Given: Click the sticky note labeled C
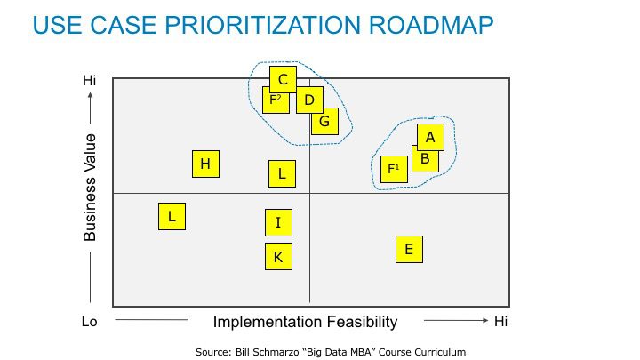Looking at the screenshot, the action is (283, 80).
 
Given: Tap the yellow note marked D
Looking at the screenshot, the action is (310, 100).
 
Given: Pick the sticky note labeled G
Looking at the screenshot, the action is (325, 122).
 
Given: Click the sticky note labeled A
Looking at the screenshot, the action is (430, 138).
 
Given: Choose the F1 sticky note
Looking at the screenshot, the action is (394, 170).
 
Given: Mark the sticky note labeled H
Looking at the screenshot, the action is (205, 164).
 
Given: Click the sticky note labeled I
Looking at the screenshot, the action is (278, 223).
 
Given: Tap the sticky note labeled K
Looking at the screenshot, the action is (278, 257).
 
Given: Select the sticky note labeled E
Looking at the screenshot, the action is (409, 250).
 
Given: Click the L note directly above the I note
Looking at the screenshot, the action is (282, 174).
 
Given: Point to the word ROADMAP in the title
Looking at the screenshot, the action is (431, 25).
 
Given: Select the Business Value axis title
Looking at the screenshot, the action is (90, 188).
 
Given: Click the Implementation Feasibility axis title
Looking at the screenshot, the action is (305, 322).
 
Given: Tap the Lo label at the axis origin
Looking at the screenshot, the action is (90, 322).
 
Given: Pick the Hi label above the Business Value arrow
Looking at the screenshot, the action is (90, 80).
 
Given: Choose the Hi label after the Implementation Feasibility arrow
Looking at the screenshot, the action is (500, 322).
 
